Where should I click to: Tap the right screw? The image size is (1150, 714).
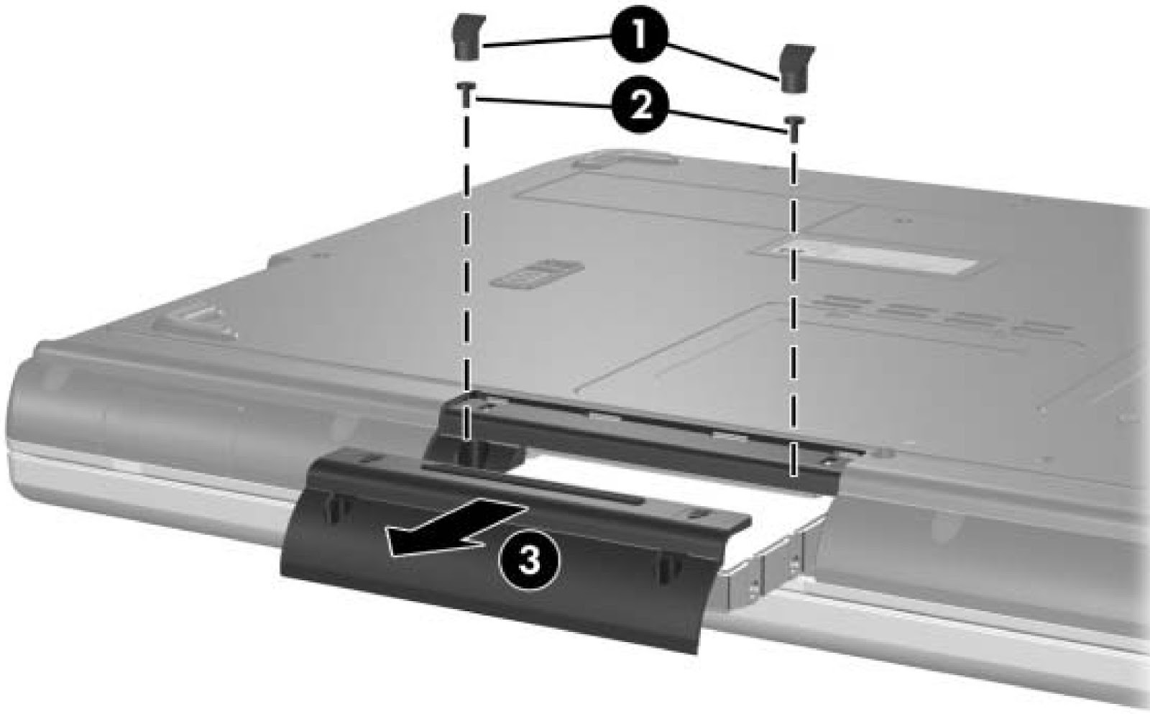(794, 127)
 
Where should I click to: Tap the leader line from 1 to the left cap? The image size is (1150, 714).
(546, 42)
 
